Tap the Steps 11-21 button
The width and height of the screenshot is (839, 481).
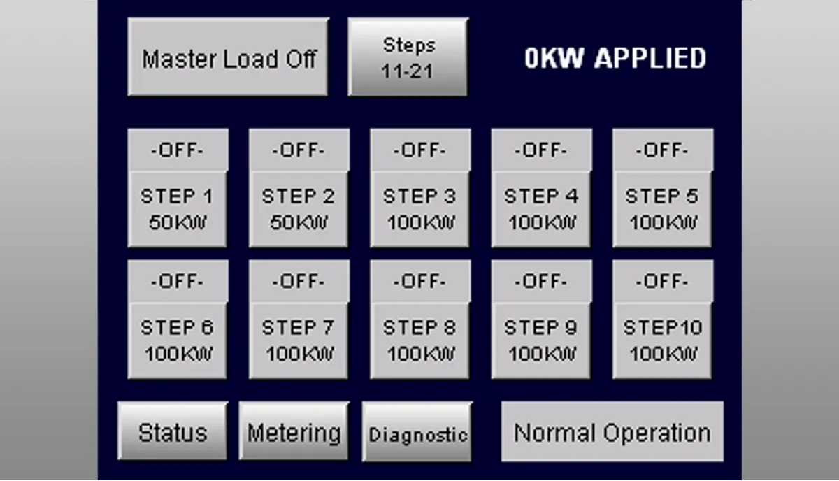tap(408, 57)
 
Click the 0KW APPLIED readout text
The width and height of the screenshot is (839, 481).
tap(615, 59)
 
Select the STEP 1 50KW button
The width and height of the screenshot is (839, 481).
tap(177, 209)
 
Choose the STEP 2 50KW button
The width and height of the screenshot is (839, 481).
tap(299, 209)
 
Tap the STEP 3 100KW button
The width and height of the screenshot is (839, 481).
tap(419, 209)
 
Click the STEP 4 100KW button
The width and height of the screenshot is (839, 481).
tap(541, 209)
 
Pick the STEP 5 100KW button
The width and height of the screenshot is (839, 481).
tap(663, 209)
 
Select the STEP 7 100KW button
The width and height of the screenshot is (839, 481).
tap(299, 340)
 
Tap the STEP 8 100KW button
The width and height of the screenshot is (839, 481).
tap(419, 340)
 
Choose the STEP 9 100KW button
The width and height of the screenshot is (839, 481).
tap(541, 340)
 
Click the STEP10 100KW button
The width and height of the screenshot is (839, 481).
tap(663, 340)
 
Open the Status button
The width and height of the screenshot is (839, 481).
tap(173, 432)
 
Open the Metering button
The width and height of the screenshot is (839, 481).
tap(294, 432)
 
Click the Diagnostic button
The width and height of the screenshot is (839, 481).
tap(417, 433)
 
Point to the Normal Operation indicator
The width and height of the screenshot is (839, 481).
tap(612, 432)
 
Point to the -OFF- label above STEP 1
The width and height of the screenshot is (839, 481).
tap(177, 150)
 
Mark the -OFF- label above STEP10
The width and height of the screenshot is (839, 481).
tap(663, 281)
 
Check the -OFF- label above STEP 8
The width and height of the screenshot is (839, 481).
tap(419, 281)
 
